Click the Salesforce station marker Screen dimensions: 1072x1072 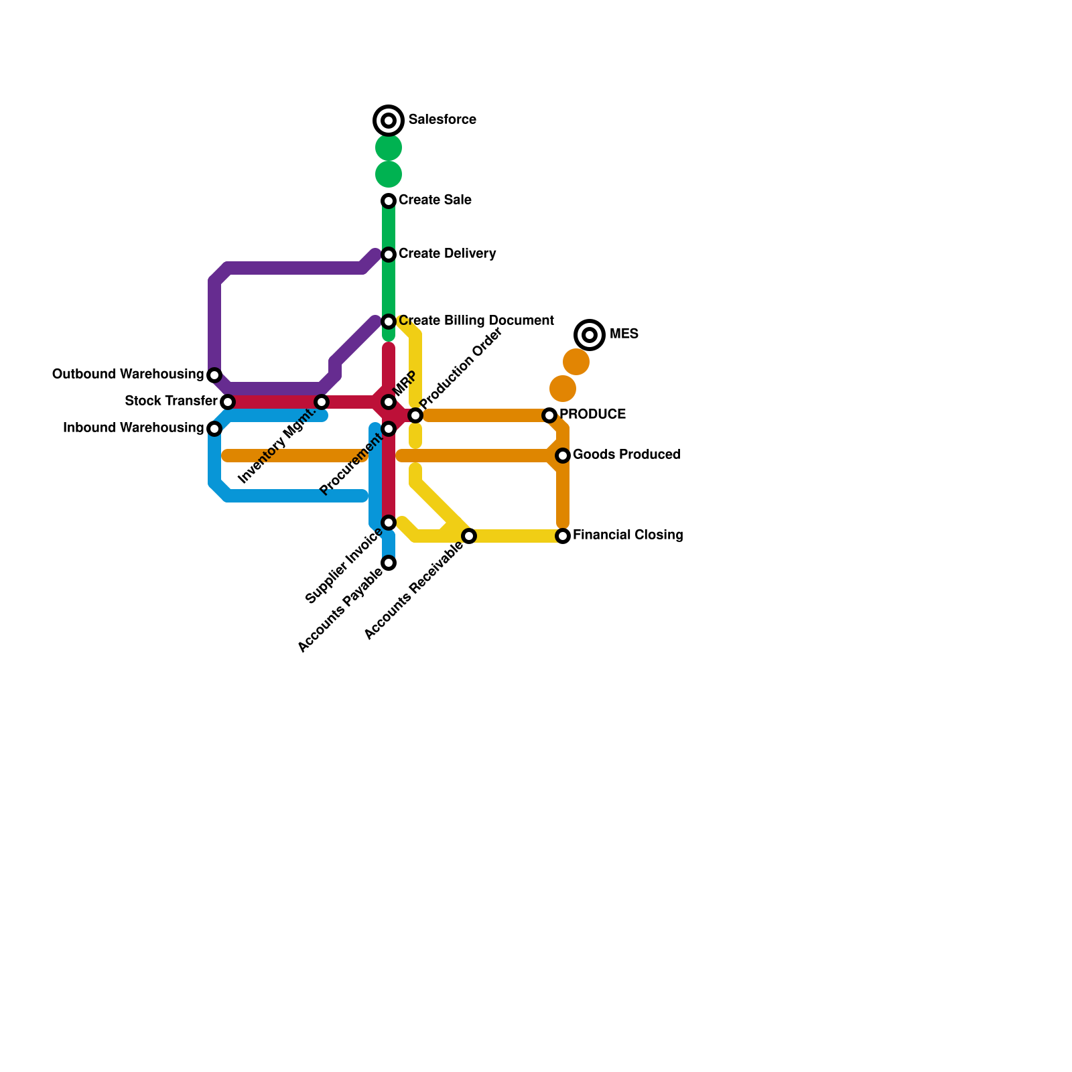click(389, 121)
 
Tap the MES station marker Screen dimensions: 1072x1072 click(590, 334)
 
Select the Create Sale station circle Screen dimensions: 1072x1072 click(389, 201)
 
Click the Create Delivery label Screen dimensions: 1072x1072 click(447, 254)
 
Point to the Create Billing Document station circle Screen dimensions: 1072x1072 click(389, 322)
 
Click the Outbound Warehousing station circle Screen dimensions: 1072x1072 click(214, 375)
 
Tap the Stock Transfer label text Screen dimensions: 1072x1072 click(171, 401)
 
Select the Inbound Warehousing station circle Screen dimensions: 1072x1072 click(214, 429)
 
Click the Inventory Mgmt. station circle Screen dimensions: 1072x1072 click(322, 402)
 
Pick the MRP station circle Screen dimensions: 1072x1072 click(389, 402)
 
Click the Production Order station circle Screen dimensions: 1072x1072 click(415, 415)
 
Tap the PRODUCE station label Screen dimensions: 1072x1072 click(592, 415)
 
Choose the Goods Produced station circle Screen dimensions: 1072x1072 click(563, 456)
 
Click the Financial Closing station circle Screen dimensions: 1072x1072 click(563, 536)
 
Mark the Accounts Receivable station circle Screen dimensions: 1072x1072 click(469, 536)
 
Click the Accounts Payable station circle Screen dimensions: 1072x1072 click(389, 563)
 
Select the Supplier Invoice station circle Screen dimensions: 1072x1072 click(389, 523)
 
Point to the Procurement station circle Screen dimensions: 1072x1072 click(389, 429)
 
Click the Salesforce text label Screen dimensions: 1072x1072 click(442, 120)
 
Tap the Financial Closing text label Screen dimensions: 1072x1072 click(628, 535)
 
